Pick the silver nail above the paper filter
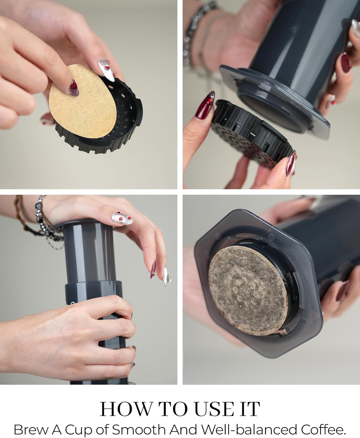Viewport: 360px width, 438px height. coord(106,69)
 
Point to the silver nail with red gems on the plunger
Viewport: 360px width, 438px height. coord(122,218)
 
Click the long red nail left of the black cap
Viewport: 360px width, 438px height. coord(205,105)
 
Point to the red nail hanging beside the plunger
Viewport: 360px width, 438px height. coord(153,270)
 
